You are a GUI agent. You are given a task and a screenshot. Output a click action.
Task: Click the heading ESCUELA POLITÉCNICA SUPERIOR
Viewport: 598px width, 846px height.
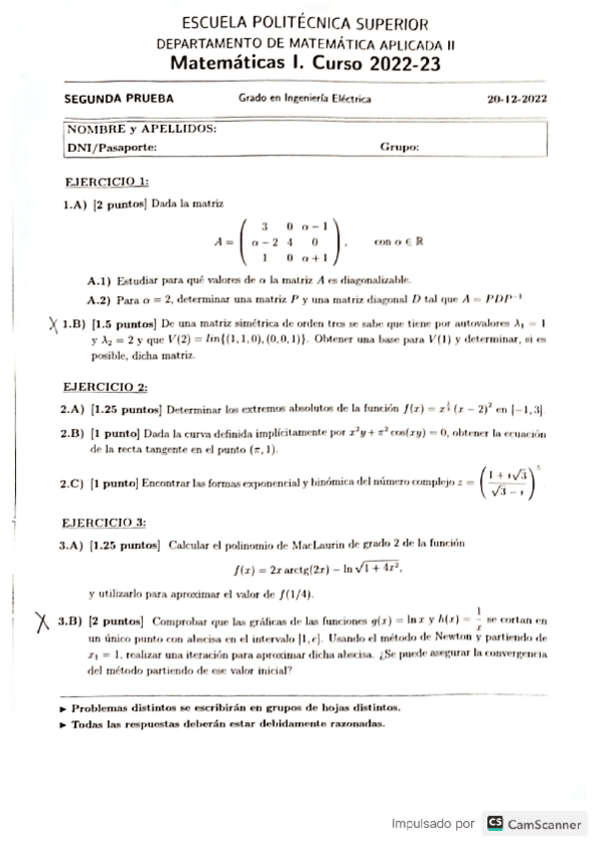(x=304, y=23)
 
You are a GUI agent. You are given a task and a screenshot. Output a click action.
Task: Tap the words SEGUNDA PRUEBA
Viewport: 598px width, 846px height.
(x=119, y=99)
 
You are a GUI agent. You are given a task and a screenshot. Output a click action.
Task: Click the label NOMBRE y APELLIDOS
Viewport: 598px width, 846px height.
(x=141, y=130)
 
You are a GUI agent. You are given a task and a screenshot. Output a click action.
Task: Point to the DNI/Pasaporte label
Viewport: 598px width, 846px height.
(x=112, y=147)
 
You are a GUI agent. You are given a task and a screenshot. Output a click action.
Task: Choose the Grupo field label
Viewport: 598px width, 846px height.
(x=398, y=147)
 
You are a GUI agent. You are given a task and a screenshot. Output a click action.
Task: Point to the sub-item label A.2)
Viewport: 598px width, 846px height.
(x=102, y=298)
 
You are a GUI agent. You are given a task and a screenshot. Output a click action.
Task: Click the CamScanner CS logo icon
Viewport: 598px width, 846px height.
(x=494, y=823)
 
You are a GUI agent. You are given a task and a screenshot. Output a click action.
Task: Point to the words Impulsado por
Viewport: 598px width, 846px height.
(x=432, y=824)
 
